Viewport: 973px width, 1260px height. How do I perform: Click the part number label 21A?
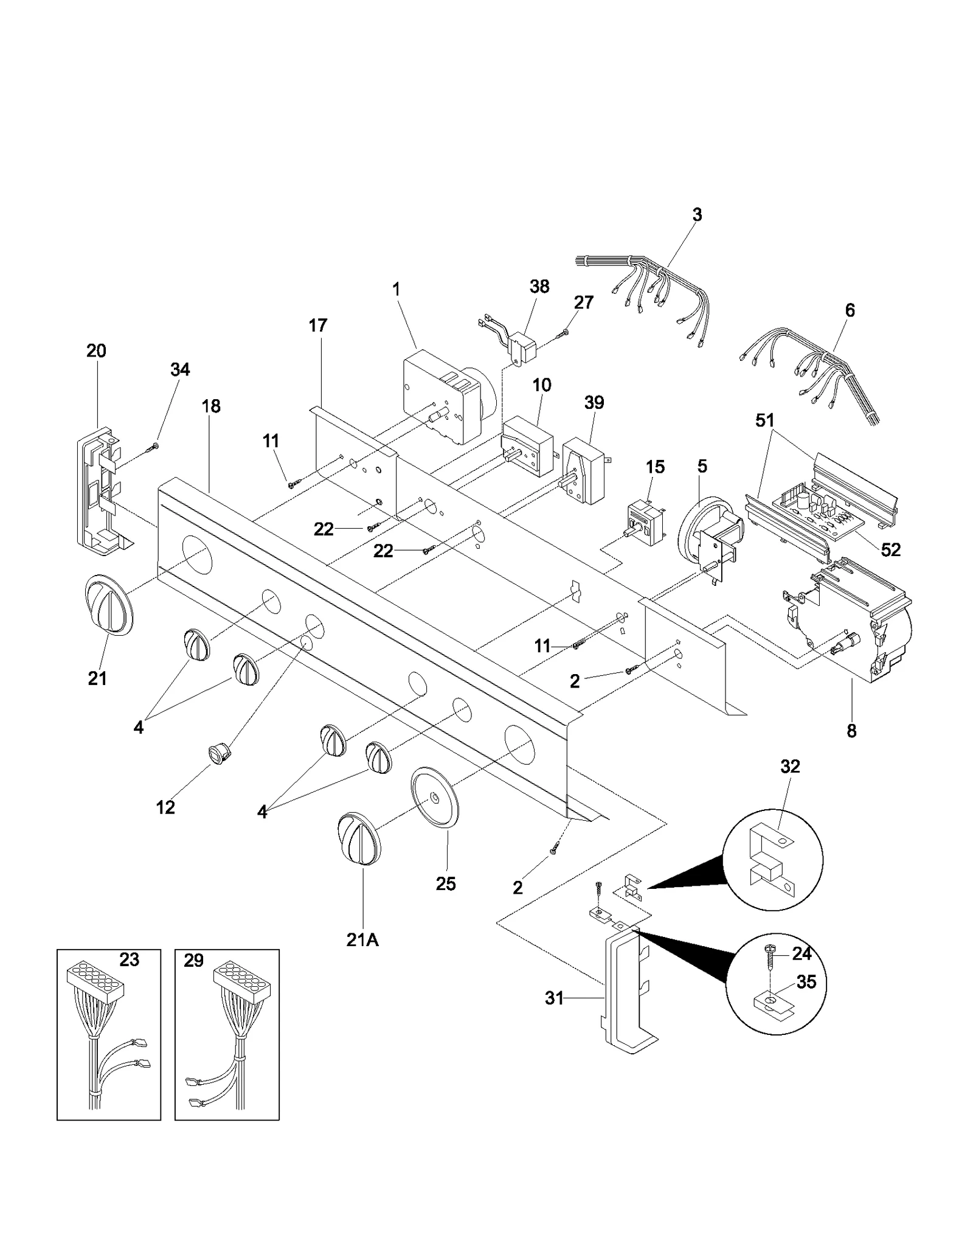point(362,939)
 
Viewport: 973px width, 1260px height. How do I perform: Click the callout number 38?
point(539,286)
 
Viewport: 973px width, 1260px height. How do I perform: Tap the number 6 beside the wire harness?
point(850,310)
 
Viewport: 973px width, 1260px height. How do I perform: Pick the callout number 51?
point(764,420)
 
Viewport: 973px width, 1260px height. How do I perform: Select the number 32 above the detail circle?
point(790,767)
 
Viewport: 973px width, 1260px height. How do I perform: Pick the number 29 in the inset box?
point(193,961)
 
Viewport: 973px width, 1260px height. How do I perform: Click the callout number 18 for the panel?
point(211,406)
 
